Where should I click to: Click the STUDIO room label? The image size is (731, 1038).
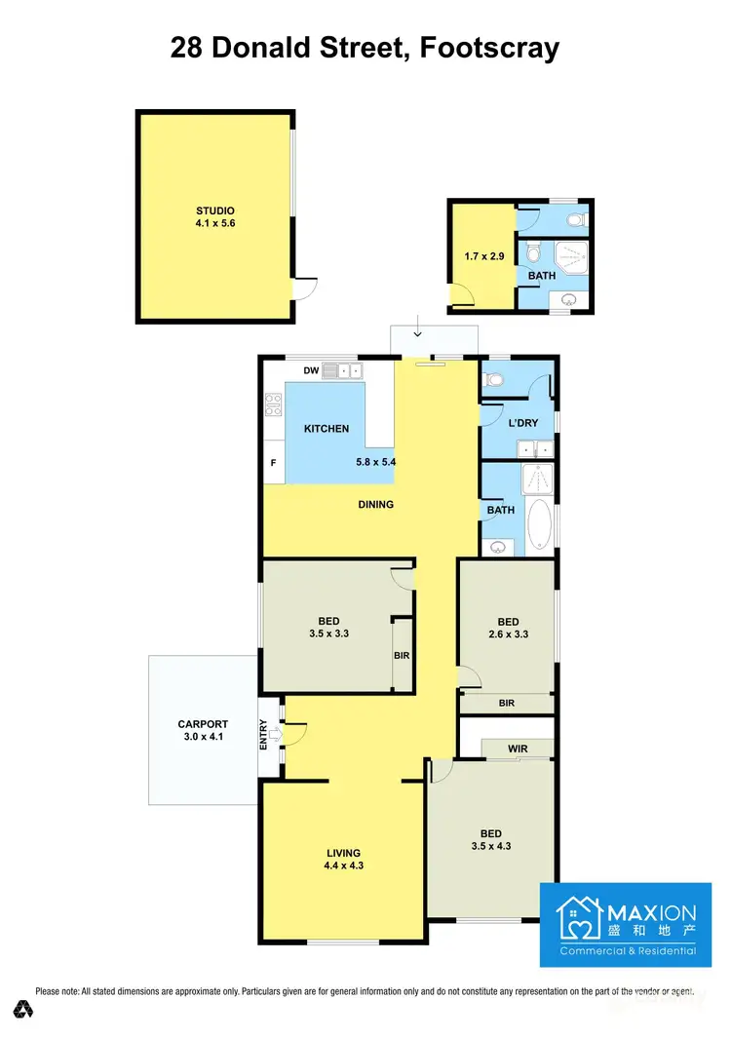(215, 211)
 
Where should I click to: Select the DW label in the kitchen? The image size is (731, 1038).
(311, 370)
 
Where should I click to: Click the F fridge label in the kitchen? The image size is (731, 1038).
(273, 463)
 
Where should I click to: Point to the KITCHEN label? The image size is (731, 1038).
(326, 429)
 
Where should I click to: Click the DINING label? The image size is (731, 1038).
(375, 504)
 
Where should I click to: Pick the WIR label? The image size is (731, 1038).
(518, 749)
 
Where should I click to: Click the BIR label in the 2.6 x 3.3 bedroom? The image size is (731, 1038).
(506, 703)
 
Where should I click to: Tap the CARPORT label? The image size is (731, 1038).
(203, 724)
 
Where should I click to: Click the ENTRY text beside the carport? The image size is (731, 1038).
(263, 734)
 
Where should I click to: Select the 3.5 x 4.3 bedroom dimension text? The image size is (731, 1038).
(490, 846)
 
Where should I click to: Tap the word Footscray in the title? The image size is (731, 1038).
(489, 49)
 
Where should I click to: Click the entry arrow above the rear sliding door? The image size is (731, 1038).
(417, 334)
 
